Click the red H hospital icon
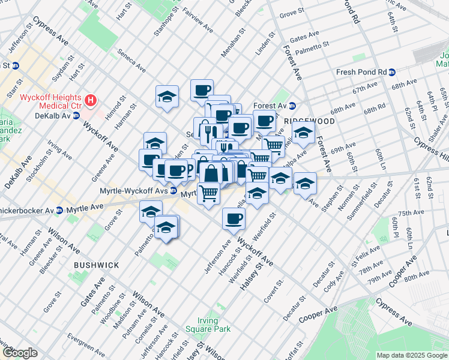[x=91, y=100]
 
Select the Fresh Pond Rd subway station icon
[x=392, y=72]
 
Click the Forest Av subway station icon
[x=292, y=106]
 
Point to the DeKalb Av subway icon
[x=76, y=116]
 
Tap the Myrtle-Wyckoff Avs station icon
[x=173, y=191]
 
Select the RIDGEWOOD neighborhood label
[x=309, y=121]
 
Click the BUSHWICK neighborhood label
[x=96, y=265]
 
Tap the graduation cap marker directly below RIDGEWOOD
[x=304, y=133]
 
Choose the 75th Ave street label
[x=411, y=213]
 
